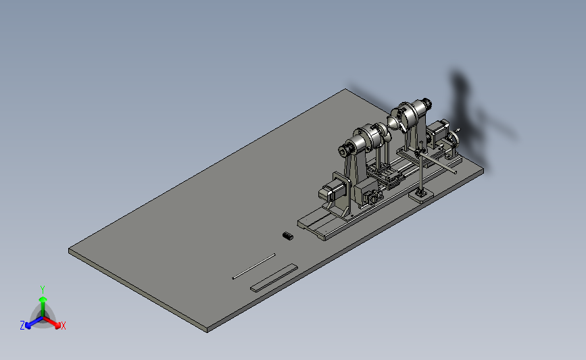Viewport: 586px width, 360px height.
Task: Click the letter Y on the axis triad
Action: pyautogui.click(x=43, y=290)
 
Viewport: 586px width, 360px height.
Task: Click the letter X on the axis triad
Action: pyautogui.click(x=63, y=326)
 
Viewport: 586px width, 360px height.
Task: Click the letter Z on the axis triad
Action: pyautogui.click(x=22, y=326)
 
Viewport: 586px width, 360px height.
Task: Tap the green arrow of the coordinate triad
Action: pyautogui.click(x=43, y=306)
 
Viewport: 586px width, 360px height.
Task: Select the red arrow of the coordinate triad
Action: pyautogui.click(x=52, y=322)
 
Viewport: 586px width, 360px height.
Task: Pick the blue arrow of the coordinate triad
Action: pyautogui.click(x=34, y=323)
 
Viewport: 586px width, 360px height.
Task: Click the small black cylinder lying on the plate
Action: pyautogui.click(x=288, y=236)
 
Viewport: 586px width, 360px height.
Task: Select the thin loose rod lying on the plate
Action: pyautogui.click(x=253, y=266)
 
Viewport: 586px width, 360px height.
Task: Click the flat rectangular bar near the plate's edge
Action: pyautogui.click(x=274, y=278)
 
